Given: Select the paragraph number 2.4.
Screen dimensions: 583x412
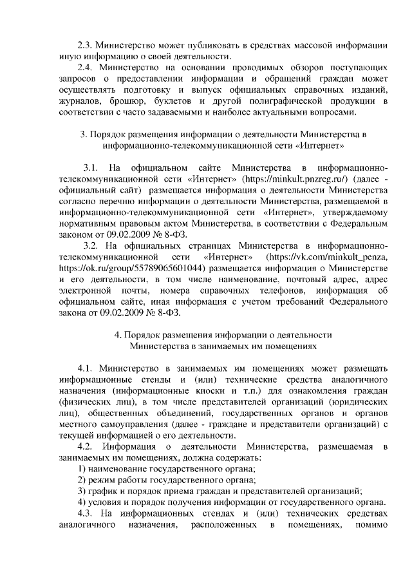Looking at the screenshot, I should tap(85, 66).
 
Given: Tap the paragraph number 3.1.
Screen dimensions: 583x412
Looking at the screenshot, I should tap(91, 166).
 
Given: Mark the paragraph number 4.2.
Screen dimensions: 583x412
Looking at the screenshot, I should tap(85, 446).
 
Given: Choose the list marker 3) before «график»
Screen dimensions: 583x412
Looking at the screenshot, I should tap(82, 492).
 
